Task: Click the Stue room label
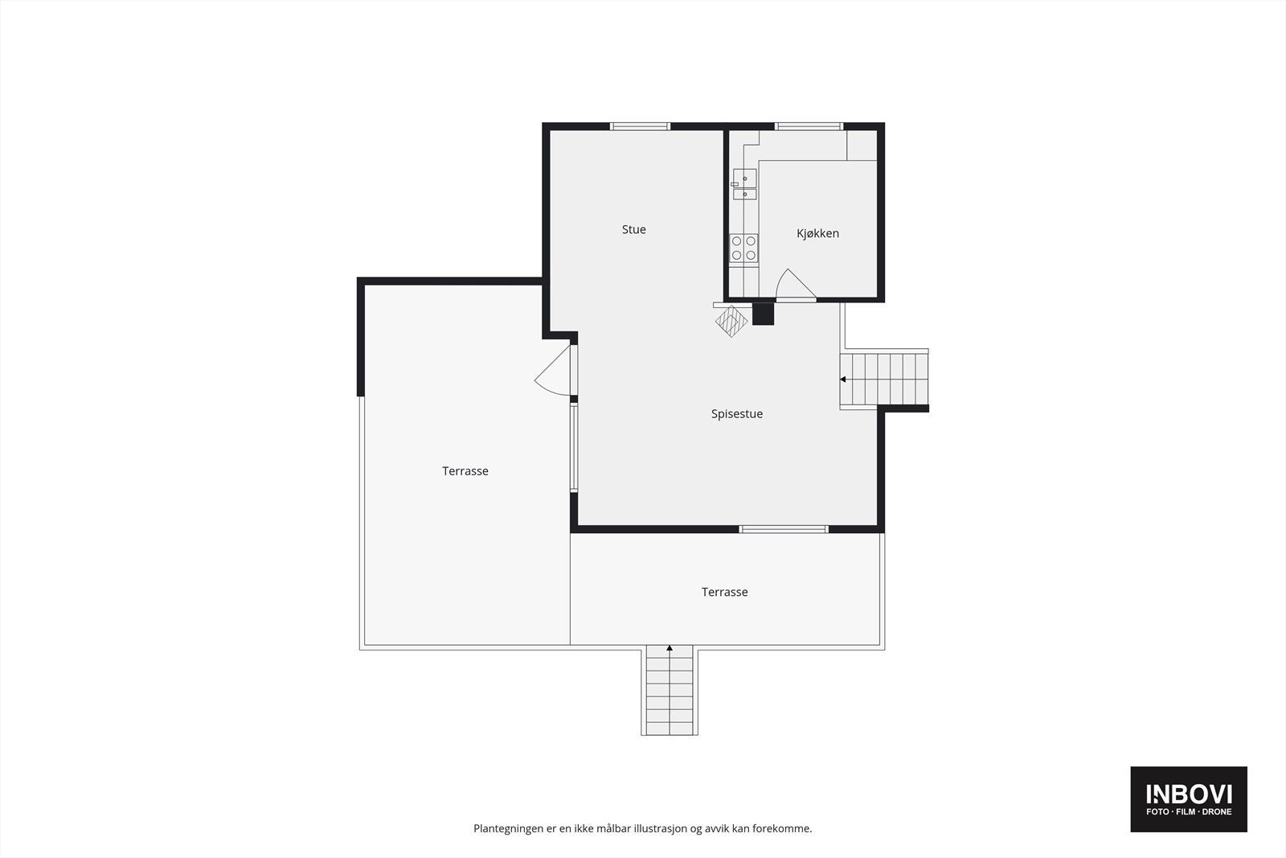point(633,230)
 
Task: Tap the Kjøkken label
point(817,234)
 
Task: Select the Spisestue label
point(736,414)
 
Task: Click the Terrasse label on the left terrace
point(465,471)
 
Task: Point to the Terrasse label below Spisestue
point(724,592)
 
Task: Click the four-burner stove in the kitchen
point(743,248)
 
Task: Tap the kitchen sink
point(744,184)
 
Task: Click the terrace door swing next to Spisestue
point(554,372)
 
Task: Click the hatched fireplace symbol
point(731,320)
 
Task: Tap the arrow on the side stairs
point(844,379)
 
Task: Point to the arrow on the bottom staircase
point(670,648)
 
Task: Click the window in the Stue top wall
point(640,126)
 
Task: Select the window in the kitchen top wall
point(809,126)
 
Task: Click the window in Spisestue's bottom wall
point(784,529)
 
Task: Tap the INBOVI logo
point(1188,798)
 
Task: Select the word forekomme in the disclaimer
point(781,828)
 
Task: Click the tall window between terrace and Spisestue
point(574,447)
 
